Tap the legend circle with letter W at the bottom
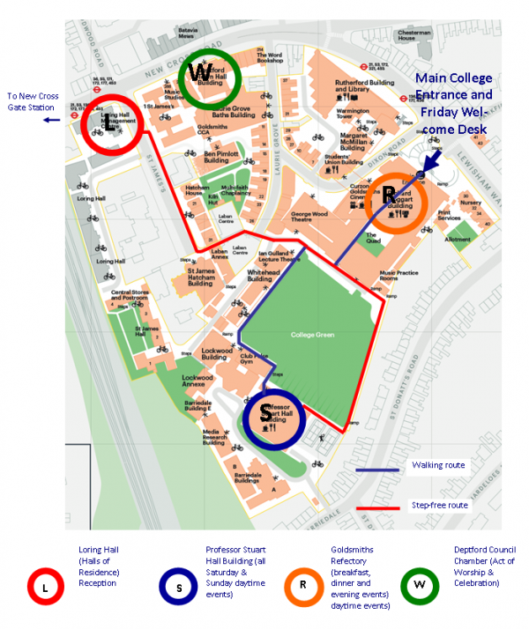(x=421, y=584)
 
